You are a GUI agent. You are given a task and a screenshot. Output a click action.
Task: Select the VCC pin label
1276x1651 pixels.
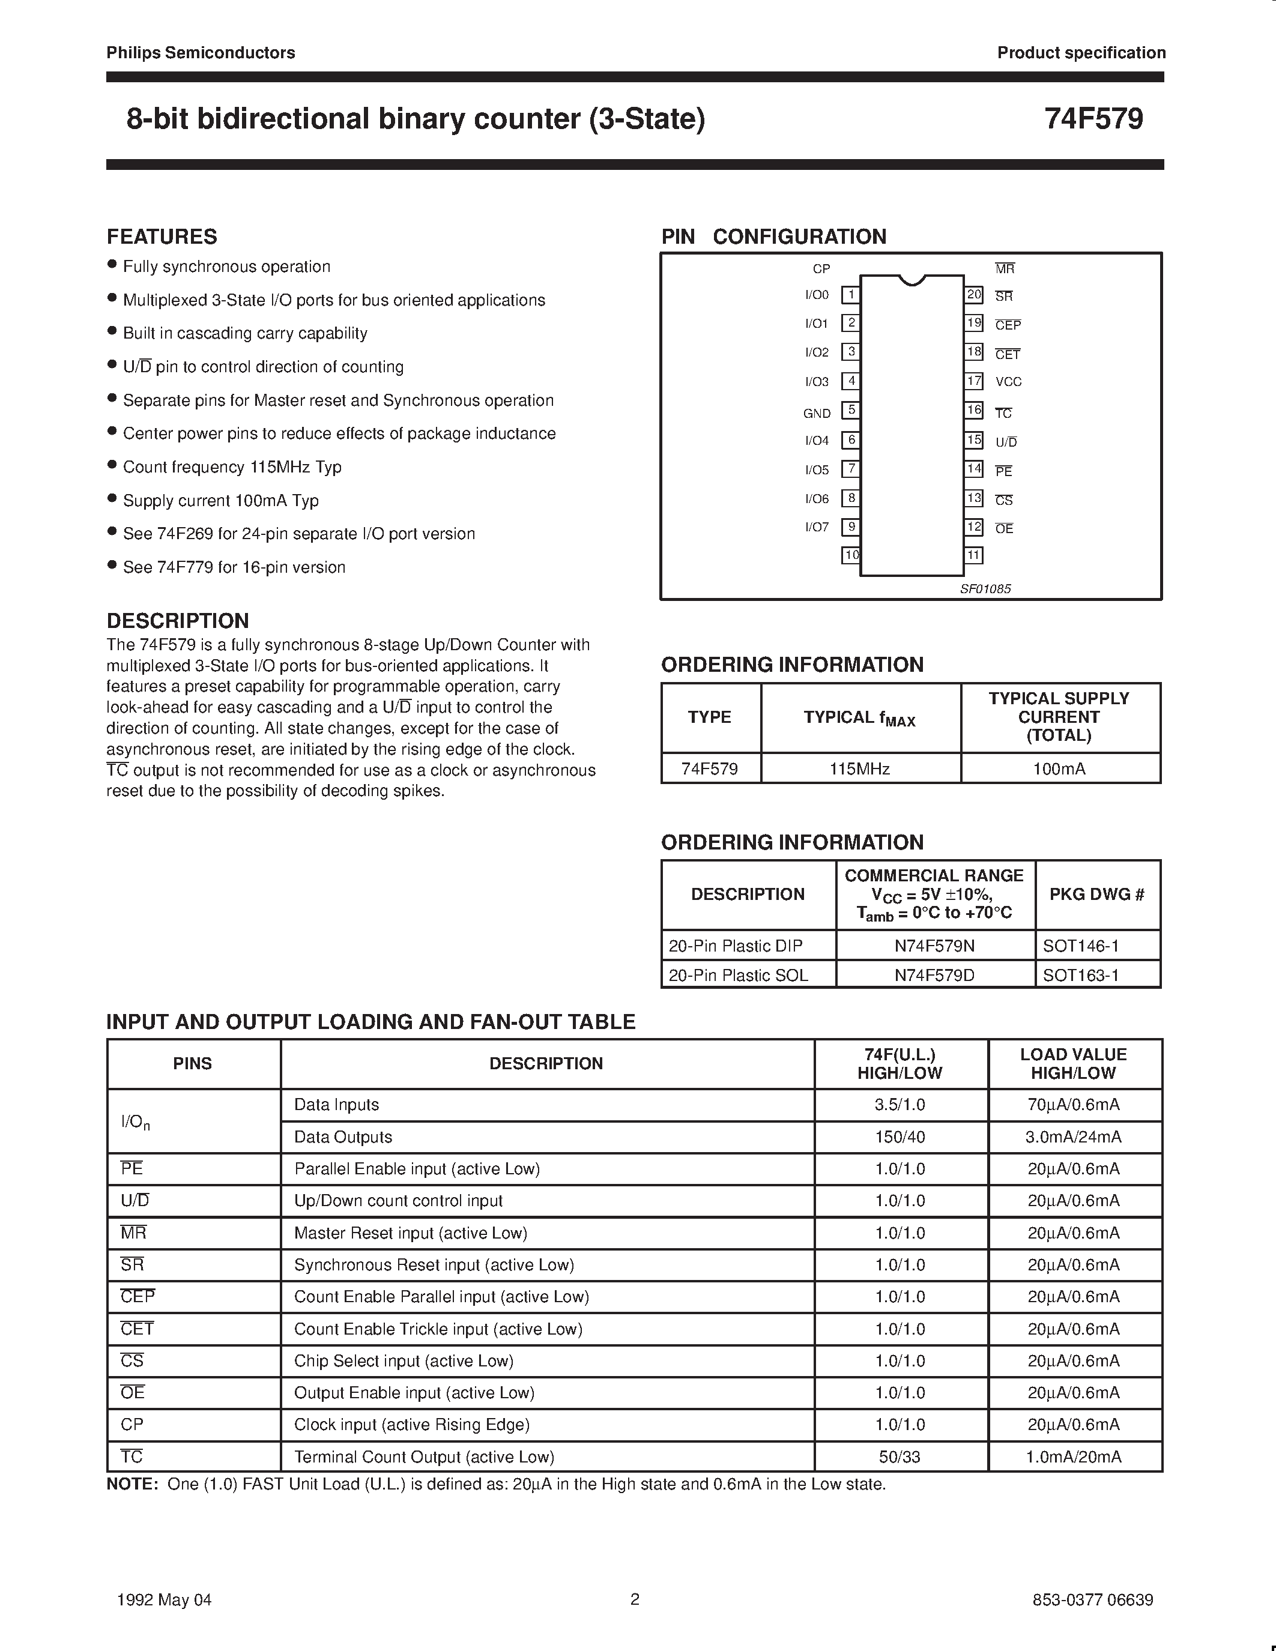tap(1008, 382)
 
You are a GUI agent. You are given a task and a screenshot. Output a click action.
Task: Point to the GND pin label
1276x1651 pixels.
tap(817, 414)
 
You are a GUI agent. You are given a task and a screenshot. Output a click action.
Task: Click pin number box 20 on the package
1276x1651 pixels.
tap(973, 295)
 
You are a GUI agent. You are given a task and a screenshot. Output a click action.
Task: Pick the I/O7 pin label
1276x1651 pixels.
tap(817, 527)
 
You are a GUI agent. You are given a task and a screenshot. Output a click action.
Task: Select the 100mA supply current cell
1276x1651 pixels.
tap(1059, 769)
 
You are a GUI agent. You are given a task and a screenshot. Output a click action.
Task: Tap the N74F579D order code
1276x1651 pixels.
tap(934, 975)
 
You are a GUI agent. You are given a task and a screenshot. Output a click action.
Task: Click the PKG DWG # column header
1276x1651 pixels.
tap(1097, 895)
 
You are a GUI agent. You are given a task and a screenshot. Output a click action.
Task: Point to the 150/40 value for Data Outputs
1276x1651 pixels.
tap(900, 1137)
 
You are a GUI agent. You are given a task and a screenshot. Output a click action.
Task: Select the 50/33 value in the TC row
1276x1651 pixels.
tap(900, 1456)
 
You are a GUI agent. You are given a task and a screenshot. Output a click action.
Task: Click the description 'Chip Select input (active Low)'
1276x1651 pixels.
tap(404, 1360)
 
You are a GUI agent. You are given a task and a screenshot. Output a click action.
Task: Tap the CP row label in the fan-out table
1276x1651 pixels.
tap(132, 1424)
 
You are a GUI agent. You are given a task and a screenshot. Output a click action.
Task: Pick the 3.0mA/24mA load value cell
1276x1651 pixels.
tap(1074, 1137)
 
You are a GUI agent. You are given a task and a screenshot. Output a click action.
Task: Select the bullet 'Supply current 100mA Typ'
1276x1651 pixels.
tap(221, 501)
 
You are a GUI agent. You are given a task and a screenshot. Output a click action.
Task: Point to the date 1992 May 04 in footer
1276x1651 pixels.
tap(164, 1599)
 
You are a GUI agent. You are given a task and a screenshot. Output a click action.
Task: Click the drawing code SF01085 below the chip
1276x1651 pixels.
tap(985, 589)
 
